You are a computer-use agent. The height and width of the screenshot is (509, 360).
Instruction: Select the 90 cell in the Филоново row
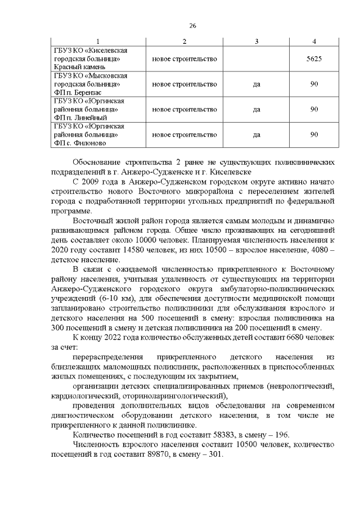tap(314, 134)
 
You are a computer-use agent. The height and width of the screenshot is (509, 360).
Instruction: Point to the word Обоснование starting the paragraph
tap(100, 162)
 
